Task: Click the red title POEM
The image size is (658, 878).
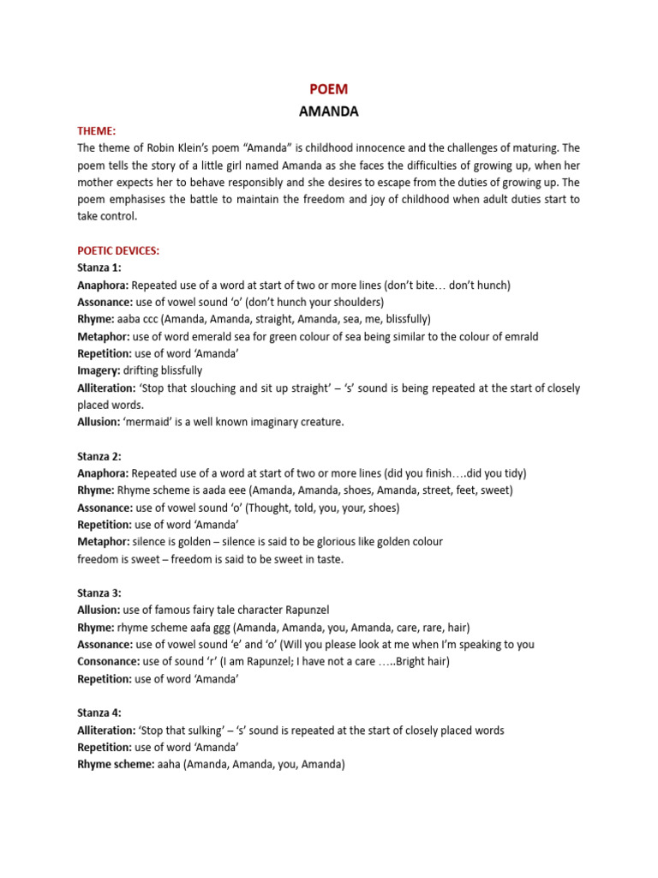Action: (x=328, y=89)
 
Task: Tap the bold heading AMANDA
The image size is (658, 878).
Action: (x=328, y=111)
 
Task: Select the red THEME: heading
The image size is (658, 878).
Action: (x=96, y=130)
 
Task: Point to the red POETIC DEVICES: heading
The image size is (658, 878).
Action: (x=118, y=250)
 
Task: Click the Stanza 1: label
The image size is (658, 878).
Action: (x=99, y=268)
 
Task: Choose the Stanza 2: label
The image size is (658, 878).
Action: (x=99, y=456)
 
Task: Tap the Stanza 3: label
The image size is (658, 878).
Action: (x=99, y=593)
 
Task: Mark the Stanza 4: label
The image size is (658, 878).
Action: (x=99, y=713)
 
